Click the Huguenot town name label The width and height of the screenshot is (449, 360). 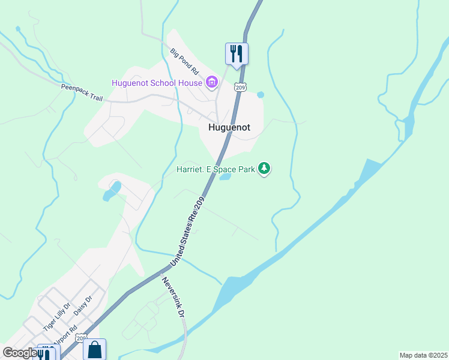[229, 127]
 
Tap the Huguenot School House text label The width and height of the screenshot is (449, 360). [157, 82]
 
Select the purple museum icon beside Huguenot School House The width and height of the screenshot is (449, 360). [211, 82]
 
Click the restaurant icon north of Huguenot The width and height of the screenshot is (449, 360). [237, 53]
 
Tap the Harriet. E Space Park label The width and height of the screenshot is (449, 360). [215, 169]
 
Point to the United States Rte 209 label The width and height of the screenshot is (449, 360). [187, 232]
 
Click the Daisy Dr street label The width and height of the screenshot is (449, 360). [83, 305]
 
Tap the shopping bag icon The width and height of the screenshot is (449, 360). [95, 349]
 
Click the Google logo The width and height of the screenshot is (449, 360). [19, 352]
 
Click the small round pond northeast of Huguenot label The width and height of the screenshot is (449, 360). [261, 94]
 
